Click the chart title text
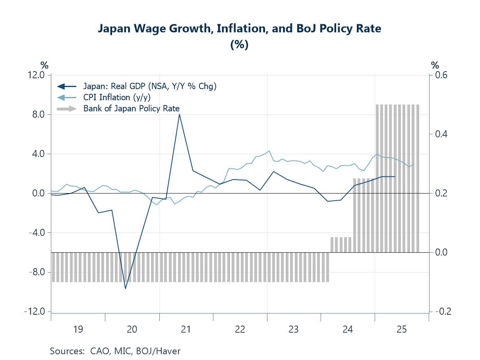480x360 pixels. [240, 29]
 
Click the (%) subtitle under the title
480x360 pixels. [240, 45]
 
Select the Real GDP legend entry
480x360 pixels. [150, 86]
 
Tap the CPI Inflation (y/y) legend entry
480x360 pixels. [117, 97]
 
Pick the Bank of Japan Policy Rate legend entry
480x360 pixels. [131, 108]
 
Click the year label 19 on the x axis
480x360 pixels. [78, 329]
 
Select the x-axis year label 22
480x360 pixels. [240, 329]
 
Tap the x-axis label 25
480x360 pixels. [402, 329]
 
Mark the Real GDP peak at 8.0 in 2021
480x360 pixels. [180, 114]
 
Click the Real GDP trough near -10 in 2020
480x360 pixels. [126, 288]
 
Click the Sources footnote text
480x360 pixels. [115, 351]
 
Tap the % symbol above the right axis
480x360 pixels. [435, 65]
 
